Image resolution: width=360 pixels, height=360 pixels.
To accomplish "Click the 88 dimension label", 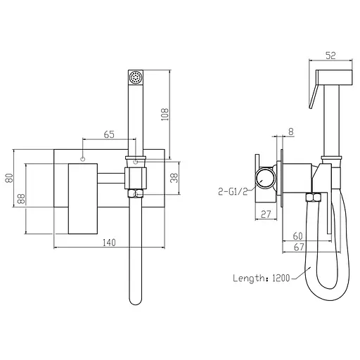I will click(21, 199).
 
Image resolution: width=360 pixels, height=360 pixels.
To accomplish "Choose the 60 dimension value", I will click(298, 237).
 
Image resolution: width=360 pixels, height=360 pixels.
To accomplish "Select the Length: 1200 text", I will click(261, 278).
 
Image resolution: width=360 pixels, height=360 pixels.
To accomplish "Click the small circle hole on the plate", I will click(83, 160).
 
